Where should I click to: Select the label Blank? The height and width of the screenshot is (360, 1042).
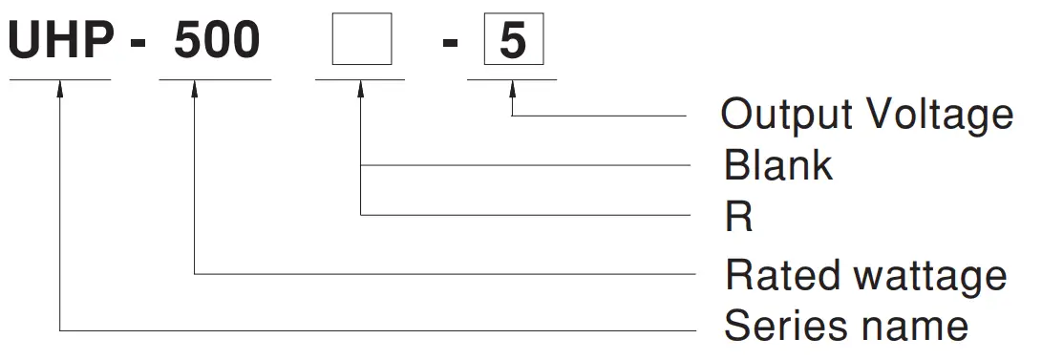778,166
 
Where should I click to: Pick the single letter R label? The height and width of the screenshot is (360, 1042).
738,219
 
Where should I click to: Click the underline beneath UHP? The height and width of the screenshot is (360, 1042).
61,79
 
